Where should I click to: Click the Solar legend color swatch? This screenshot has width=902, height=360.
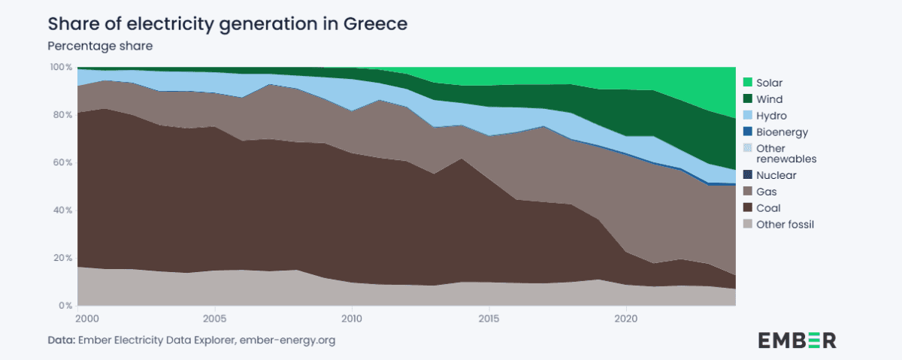coord(747,83)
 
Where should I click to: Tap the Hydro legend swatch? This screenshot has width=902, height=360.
coord(747,116)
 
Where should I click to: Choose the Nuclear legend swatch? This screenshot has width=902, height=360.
coord(747,175)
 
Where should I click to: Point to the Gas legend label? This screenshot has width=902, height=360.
coord(766,192)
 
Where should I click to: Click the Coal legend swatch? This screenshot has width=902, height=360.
coord(747,208)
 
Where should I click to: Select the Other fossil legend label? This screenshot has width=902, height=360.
coord(785,225)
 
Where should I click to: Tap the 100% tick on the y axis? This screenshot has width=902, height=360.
coord(62,68)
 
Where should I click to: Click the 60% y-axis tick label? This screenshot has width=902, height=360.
coord(64,163)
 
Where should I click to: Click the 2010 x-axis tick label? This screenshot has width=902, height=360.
coord(351,318)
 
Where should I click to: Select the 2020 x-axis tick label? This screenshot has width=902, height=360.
coord(626,318)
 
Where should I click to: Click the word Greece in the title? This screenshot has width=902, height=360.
coord(376,24)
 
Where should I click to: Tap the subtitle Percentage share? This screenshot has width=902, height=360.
coord(100,46)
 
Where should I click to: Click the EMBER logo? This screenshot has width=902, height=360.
coord(797,339)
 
